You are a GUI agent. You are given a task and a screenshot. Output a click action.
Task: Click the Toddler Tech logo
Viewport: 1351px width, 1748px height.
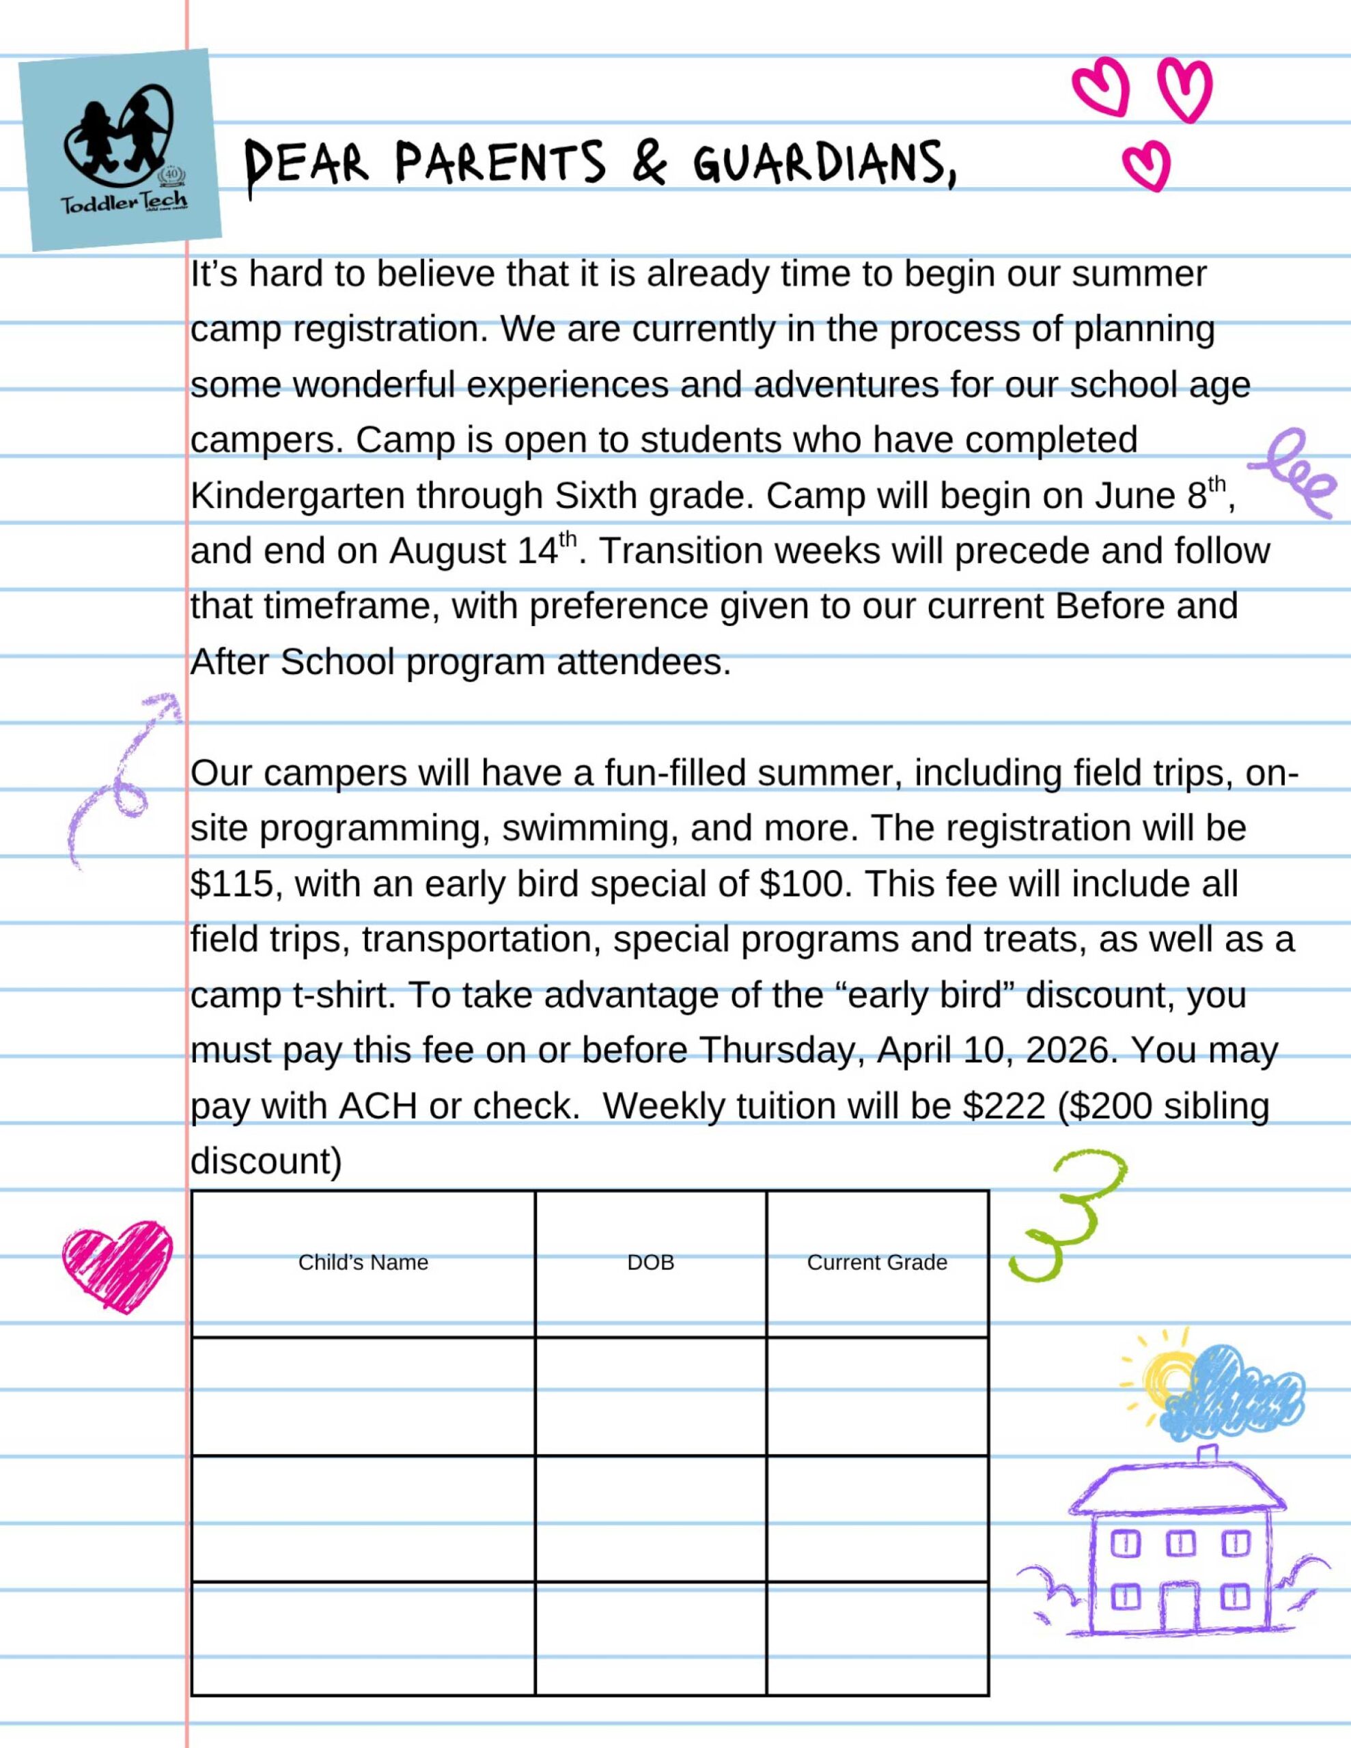[x=120, y=150]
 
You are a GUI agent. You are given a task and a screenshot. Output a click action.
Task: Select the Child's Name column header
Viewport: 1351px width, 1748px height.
[x=363, y=1262]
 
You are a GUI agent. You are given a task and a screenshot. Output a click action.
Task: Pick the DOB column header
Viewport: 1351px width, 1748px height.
[x=650, y=1262]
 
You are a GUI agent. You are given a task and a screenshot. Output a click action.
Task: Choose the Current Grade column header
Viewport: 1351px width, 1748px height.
[x=877, y=1262]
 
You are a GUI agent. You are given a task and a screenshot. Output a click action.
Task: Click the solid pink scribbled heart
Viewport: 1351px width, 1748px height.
[x=117, y=1265]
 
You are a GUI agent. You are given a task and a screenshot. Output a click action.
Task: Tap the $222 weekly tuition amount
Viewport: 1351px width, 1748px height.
[x=1003, y=1106]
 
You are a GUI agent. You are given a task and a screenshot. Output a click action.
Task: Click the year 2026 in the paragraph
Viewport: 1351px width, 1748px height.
[x=1071, y=1050]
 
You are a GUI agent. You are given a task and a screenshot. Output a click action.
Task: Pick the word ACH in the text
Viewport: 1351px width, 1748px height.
[x=378, y=1106]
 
